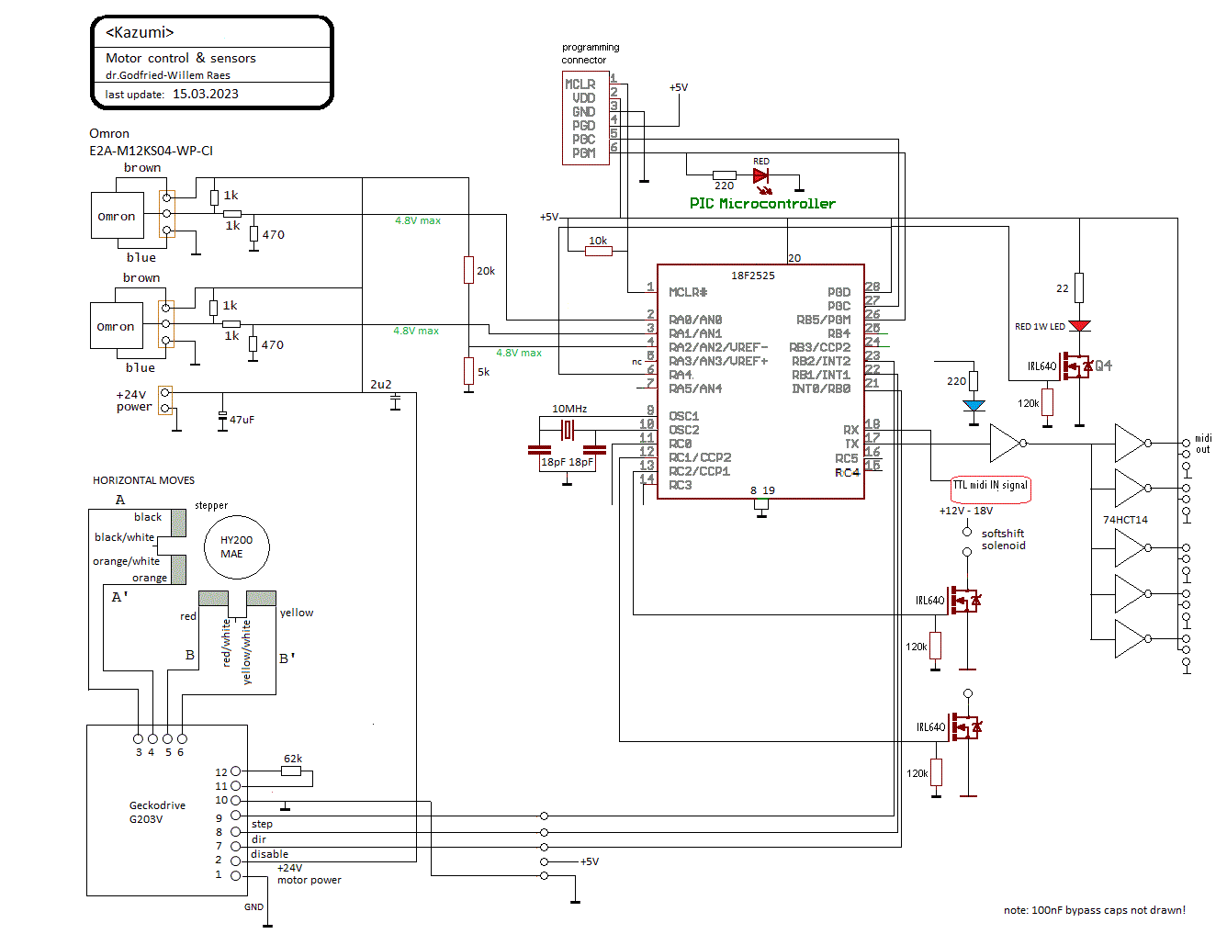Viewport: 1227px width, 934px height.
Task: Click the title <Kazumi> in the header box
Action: pyautogui.click(x=140, y=32)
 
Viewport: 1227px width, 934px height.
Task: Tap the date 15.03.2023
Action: pyautogui.click(x=205, y=94)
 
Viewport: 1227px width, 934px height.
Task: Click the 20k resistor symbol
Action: pyautogui.click(x=467, y=269)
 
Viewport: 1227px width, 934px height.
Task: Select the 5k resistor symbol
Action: pyautogui.click(x=467, y=370)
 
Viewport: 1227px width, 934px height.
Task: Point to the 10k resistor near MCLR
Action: pyautogui.click(x=598, y=251)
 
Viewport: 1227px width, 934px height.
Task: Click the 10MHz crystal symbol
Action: pyautogui.click(x=567, y=429)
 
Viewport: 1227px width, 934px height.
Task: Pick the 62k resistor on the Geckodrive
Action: pyautogui.click(x=290, y=771)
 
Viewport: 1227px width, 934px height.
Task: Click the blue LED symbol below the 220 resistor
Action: pyautogui.click(x=973, y=405)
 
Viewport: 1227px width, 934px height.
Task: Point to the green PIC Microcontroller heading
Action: pyautogui.click(x=761, y=203)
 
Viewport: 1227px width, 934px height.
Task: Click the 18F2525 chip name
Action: pyautogui.click(x=752, y=275)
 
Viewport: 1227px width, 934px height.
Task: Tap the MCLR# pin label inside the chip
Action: pyautogui.click(x=687, y=292)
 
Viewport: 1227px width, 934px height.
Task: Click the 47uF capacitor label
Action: pyautogui.click(x=242, y=419)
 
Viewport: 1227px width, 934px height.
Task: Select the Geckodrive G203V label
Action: pyautogui.click(x=157, y=811)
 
